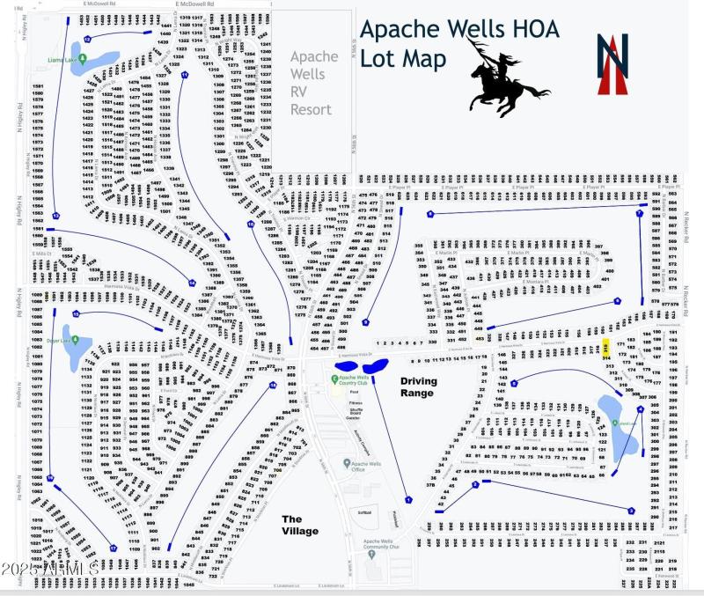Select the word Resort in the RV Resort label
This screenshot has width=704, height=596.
click(312, 110)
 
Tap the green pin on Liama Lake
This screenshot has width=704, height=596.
click(82, 60)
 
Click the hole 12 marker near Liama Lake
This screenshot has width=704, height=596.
click(86, 39)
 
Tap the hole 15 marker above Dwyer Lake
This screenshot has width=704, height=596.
click(77, 313)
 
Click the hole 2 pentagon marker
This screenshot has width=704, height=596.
click(475, 484)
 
